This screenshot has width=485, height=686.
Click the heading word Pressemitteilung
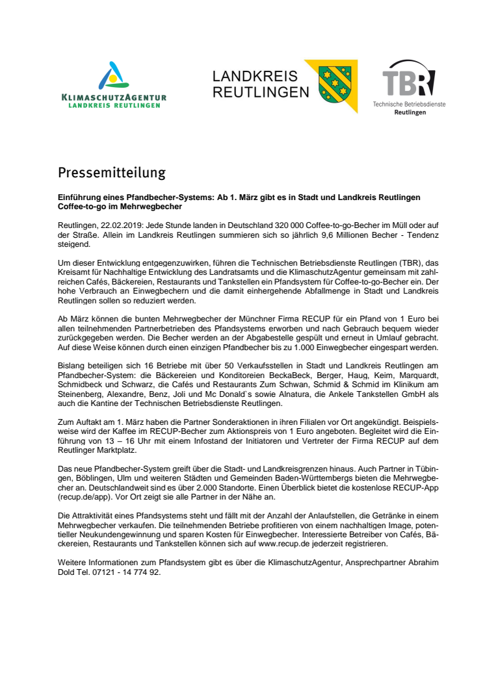(112, 173)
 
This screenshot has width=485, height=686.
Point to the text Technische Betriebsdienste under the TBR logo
(409, 104)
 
